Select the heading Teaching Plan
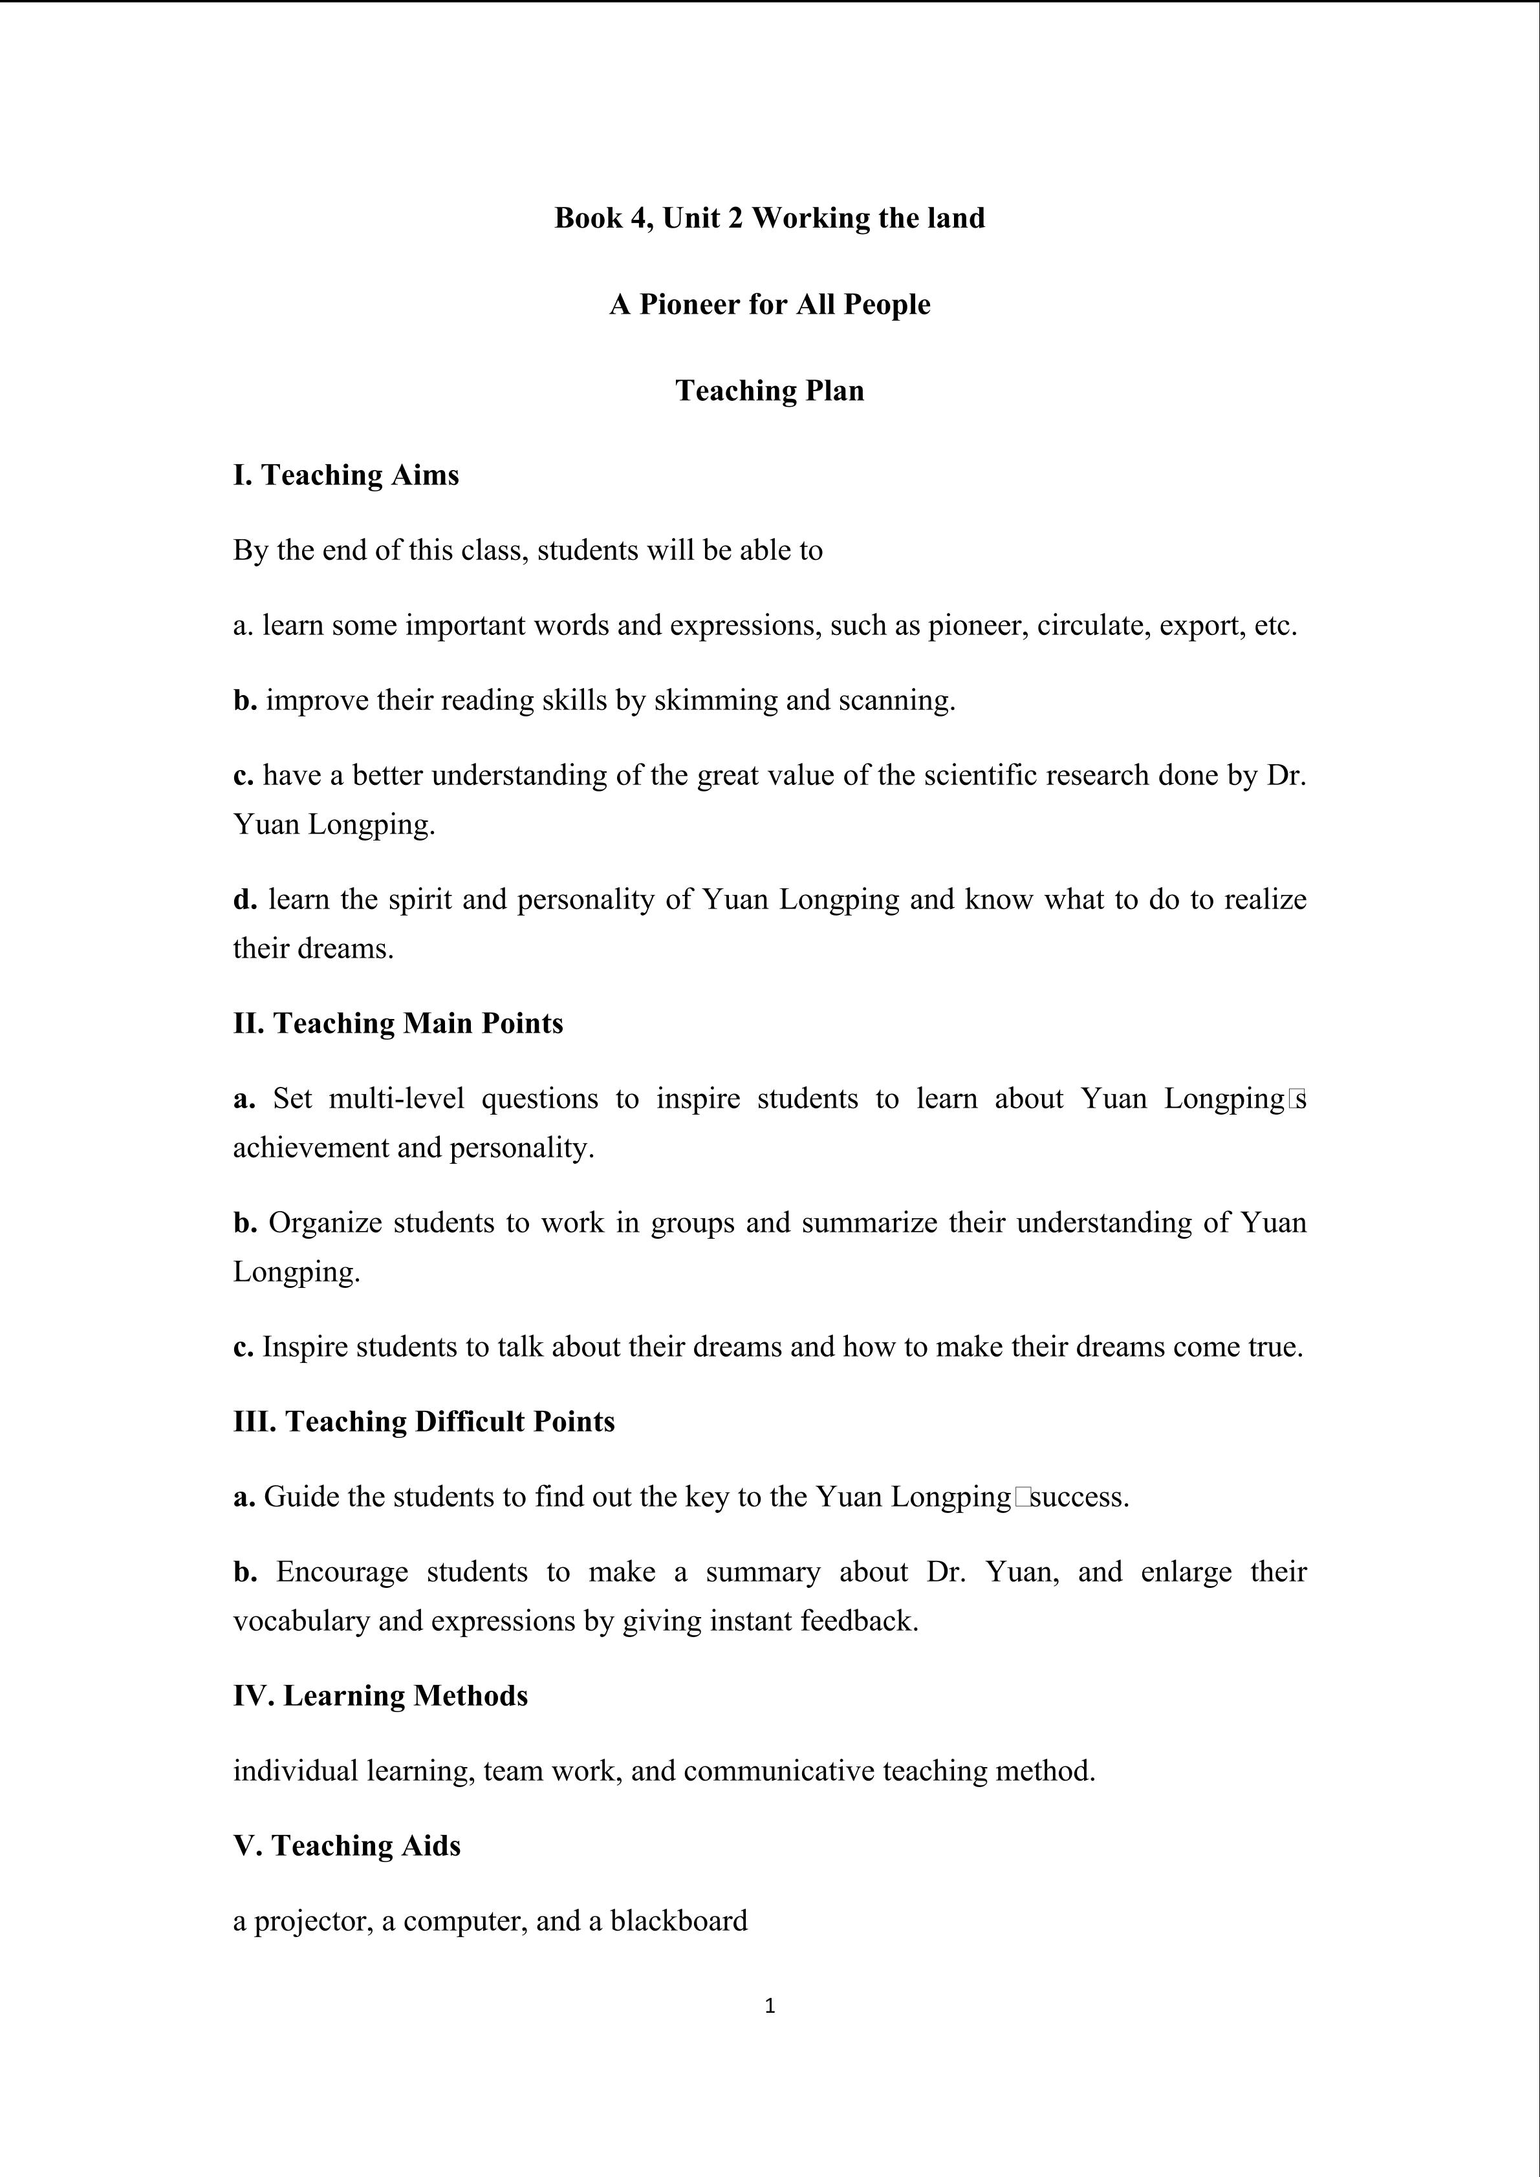click(769, 391)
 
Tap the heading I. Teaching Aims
click(346, 474)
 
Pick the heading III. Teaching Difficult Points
click(424, 1421)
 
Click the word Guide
click(301, 1497)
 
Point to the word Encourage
click(342, 1572)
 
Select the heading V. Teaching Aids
click(347, 1846)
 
